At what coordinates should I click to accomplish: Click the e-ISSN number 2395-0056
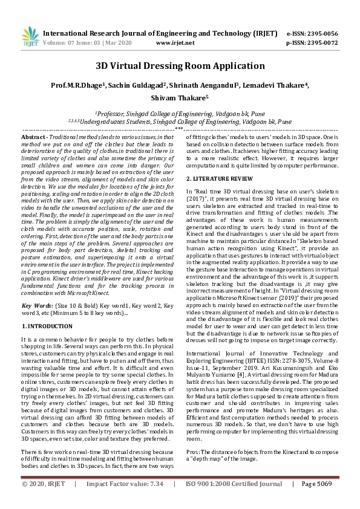pos(321,34)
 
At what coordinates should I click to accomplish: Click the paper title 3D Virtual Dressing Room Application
pos(180,66)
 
